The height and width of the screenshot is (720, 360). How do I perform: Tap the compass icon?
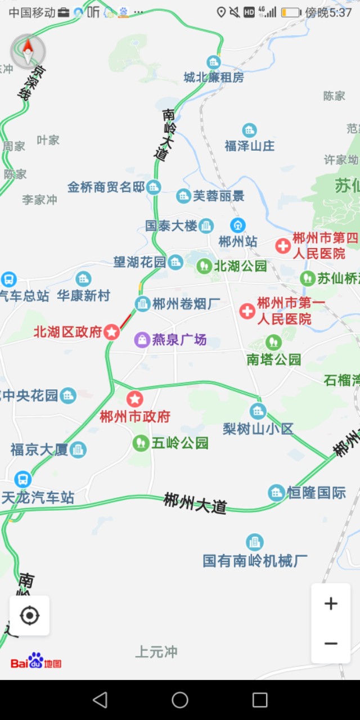[x=28, y=52]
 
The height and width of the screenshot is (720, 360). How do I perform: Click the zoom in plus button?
[x=331, y=604]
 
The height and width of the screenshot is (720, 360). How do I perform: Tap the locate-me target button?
[x=29, y=616]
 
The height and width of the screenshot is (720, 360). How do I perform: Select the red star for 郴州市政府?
[x=134, y=399]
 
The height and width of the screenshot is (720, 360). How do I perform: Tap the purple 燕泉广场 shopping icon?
[x=142, y=339]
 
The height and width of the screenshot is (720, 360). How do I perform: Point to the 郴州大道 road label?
[x=195, y=502]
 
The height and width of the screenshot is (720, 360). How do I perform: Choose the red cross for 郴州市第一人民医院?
[x=247, y=311]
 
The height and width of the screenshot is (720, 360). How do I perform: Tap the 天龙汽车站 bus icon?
[x=23, y=479]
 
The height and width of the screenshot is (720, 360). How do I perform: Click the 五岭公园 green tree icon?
[x=141, y=443]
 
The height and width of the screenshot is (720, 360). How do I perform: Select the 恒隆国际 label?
[x=316, y=493]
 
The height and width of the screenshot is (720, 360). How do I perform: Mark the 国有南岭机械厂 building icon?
[x=255, y=542]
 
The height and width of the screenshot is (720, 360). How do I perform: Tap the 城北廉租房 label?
[x=214, y=78]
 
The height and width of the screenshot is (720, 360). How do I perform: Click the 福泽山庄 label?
[x=250, y=146]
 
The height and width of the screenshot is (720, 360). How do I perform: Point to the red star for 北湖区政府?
[x=112, y=332]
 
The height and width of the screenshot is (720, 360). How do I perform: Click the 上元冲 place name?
[x=156, y=652]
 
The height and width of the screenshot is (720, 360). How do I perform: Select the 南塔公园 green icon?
[x=273, y=342]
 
